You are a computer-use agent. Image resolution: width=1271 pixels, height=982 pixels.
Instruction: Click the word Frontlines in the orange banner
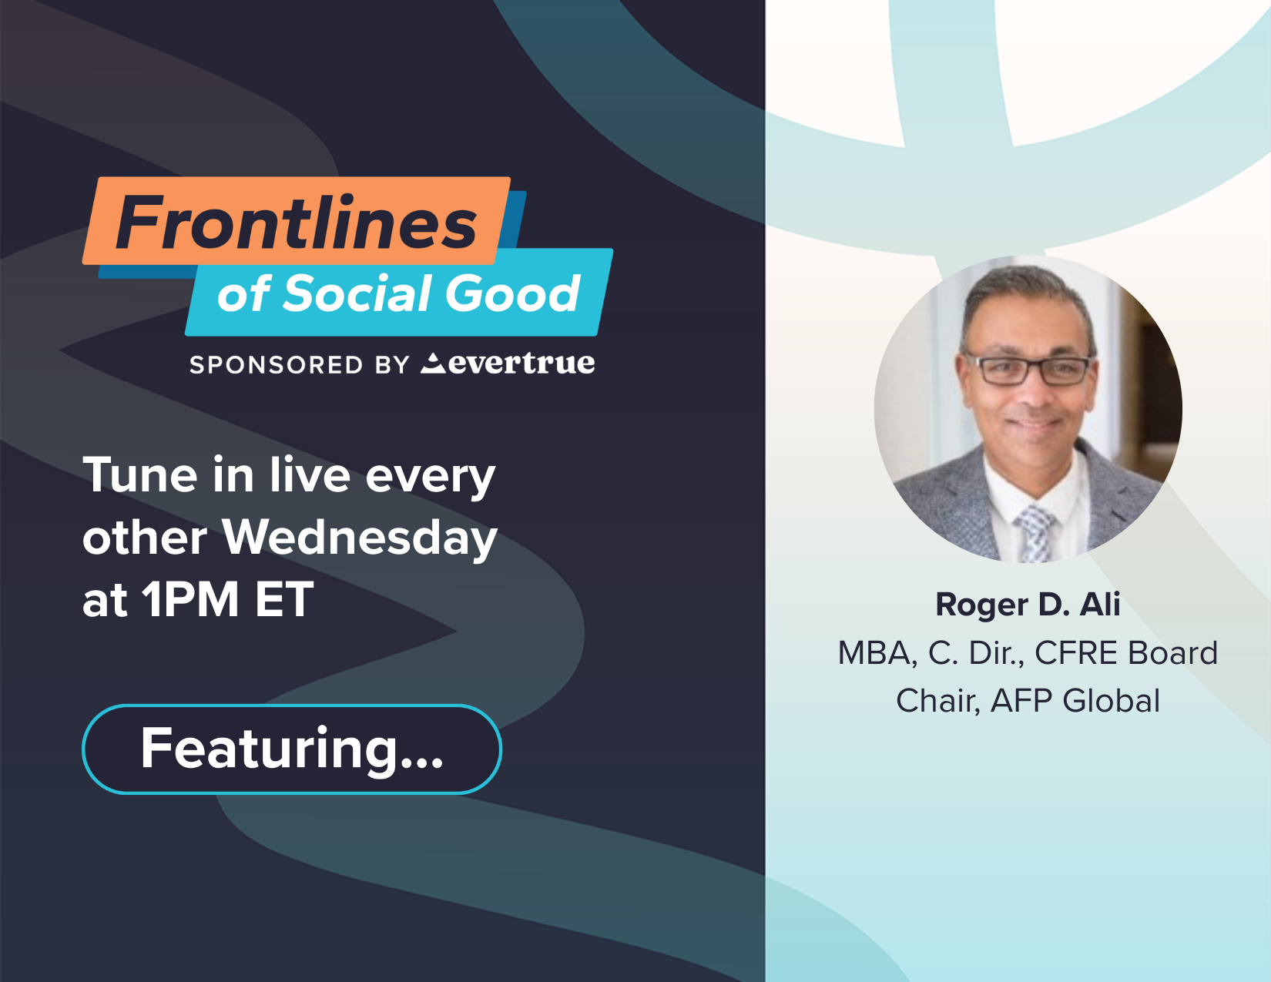tap(297, 223)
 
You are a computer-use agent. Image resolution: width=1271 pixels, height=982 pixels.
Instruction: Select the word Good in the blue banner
tap(512, 293)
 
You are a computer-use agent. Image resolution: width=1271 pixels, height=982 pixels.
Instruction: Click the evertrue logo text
tap(521, 363)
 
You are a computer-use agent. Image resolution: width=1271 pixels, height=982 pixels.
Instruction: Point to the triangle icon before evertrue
tap(432, 363)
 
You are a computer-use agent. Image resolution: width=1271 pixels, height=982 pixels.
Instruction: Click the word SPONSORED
tap(276, 365)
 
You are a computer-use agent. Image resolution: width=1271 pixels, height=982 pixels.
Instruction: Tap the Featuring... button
tap(292, 749)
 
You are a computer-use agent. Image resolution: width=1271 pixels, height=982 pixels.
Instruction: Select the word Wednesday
tap(359, 538)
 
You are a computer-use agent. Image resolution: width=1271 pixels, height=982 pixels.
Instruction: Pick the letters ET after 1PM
tap(284, 599)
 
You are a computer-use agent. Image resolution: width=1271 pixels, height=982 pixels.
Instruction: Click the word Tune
tap(139, 475)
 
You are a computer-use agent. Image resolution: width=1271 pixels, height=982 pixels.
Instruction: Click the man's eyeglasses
tap(1029, 368)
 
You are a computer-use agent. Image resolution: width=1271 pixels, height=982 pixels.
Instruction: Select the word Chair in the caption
tap(937, 701)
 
